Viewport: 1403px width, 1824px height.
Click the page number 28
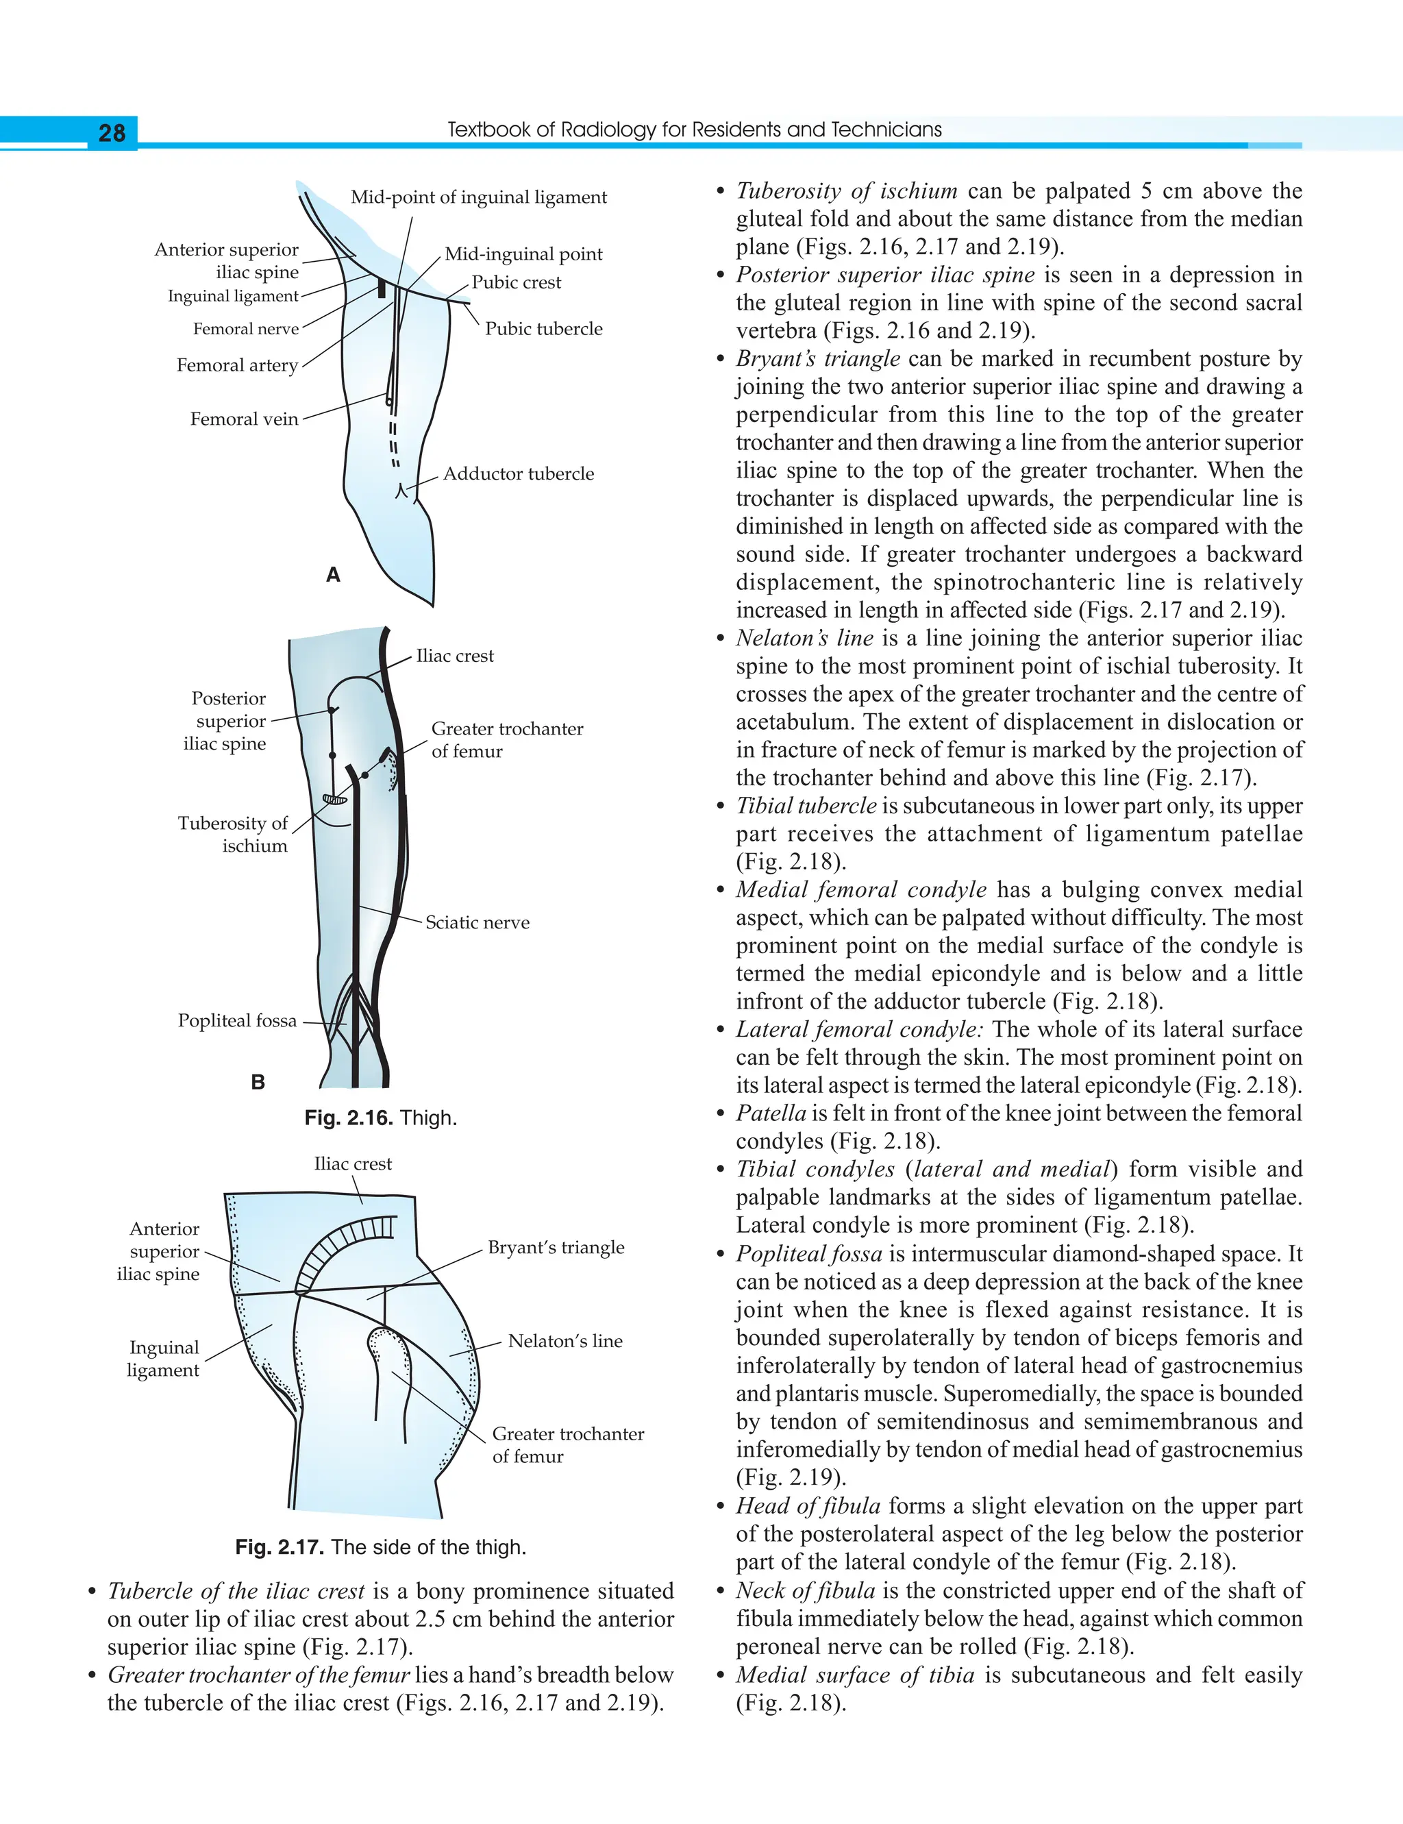[112, 133]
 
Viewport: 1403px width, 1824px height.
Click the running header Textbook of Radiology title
[695, 130]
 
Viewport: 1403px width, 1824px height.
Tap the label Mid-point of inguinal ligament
[479, 197]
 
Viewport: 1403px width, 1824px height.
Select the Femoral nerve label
[245, 329]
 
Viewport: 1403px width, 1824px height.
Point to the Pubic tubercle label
[544, 329]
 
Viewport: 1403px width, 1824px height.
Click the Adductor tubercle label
[519, 473]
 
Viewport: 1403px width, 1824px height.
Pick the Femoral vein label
[244, 419]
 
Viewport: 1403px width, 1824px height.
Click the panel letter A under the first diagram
[333, 575]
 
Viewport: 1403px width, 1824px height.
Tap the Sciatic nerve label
[477, 922]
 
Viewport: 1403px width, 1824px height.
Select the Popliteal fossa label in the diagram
[237, 1020]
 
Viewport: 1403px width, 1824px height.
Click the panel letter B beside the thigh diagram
[258, 1083]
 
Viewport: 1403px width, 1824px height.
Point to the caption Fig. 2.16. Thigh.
[381, 1118]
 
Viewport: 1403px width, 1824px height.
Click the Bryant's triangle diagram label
[556, 1247]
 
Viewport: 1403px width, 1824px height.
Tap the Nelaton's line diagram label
[565, 1340]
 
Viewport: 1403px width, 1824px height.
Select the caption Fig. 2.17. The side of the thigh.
[381, 1546]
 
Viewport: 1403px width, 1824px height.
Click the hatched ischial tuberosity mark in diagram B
[335, 799]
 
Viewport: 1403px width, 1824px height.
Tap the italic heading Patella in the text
[771, 1113]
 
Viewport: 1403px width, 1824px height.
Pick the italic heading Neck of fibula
[806, 1591]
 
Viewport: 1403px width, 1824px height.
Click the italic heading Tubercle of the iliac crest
[236, 1591]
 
